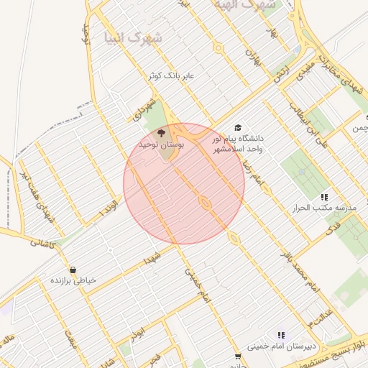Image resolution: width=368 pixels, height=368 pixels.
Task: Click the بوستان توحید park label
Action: [161, 145]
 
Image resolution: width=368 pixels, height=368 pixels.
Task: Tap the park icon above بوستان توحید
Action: [161, 133]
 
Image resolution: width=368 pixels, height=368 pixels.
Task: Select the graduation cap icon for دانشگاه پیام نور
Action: [238, 128]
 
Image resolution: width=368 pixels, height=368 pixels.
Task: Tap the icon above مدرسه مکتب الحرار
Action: [324, 196]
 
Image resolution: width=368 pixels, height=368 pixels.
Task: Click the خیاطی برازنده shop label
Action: [72, 280]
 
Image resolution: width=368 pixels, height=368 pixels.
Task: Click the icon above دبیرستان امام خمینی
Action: [281, 335]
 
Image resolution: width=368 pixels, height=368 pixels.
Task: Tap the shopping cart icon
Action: [238, 356]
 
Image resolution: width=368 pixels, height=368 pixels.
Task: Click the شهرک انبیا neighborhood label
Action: [126, 36]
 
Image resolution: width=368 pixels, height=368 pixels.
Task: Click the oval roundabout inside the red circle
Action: [205, 203]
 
